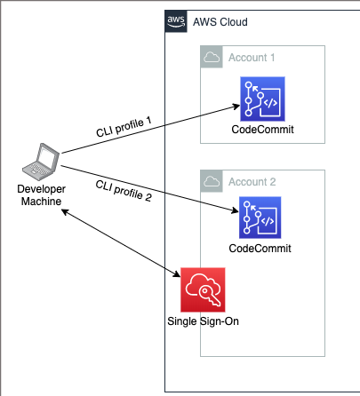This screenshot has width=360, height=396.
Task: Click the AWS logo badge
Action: tap(176, 21)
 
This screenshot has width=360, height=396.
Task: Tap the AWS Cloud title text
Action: tap(220, 22)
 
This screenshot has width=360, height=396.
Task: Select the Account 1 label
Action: tap(252, 58)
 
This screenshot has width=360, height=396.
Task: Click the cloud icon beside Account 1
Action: tap(212, 57)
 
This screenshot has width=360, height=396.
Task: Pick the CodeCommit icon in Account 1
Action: tap(262, 99)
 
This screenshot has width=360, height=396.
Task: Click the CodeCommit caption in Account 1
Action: tap(262, 130)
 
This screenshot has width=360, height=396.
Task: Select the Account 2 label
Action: tap(252, 182)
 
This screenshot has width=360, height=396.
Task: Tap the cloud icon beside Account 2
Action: tap(212, 181)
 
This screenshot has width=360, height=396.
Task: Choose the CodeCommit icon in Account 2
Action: tap(260, 218)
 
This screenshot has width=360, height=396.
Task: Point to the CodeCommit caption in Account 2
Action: tap(260, 249)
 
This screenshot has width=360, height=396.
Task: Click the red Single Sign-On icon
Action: tap(203, 289)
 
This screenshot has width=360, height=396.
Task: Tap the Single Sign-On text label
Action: tap(203, 321)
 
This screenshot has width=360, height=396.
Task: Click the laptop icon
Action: tap(41, 162)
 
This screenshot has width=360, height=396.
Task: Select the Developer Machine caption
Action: tap(41, 195)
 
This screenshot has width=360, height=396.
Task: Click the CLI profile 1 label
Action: tap(124, 127)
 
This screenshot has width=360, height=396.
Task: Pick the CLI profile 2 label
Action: tap(124, 191)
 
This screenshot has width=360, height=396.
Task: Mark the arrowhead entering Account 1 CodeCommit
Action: tap(236, 107)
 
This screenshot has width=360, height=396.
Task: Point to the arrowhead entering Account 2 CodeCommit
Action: tap(235, 210)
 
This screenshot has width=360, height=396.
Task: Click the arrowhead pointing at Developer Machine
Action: tap(65, 211)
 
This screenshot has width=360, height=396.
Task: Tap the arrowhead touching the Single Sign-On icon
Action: tap(177, 274)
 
